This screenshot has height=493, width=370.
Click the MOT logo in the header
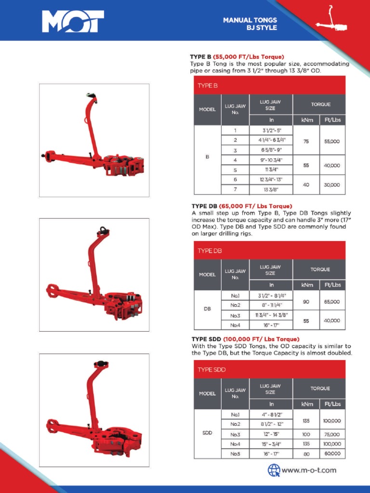73,21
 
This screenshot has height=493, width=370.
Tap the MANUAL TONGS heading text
250,20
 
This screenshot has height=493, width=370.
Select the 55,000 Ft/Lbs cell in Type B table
332,141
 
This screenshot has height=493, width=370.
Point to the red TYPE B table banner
269,85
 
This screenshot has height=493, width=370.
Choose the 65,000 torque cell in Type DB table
332,301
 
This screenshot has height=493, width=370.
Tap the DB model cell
207,310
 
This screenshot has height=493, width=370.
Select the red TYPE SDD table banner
269,370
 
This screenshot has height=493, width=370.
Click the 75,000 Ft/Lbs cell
332,434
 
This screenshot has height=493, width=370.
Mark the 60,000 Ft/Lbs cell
332,454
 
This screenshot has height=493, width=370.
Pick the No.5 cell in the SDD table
235,454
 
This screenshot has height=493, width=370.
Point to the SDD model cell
207,432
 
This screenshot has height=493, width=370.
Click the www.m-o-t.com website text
309,470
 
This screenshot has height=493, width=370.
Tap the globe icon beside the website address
274,470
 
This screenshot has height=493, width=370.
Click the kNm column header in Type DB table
307,285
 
